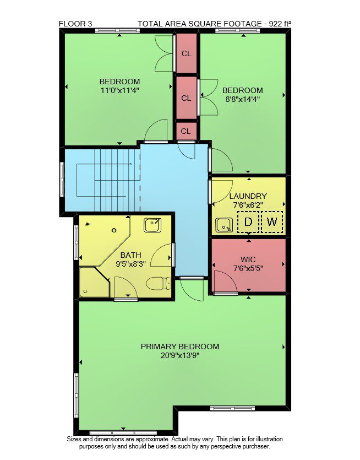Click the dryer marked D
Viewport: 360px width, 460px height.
click(248, 222)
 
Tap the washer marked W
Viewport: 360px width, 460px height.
click(272, 222)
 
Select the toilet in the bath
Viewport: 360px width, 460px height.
click(159, 283)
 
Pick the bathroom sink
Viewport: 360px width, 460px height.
click(152, 225)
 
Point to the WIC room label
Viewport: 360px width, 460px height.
click(248, 259)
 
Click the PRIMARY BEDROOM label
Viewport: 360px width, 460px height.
click(180, 347)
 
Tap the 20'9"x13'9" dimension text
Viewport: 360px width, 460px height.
click(180, 355)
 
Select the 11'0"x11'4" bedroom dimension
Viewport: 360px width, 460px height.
click(119, 90)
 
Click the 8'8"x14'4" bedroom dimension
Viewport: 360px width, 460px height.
click(243, 99)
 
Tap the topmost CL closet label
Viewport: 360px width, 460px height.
click(187, 53)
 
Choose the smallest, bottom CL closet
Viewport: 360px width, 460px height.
click(186, 131)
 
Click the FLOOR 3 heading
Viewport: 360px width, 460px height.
click(75, 24)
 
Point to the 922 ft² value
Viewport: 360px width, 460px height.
click(280, 24)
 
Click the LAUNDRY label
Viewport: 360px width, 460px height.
click(248, 196)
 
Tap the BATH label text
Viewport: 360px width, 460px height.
click(131, 255)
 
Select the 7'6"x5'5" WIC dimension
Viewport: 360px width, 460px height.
click(248, 268)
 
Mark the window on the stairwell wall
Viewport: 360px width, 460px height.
click(62, 179)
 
